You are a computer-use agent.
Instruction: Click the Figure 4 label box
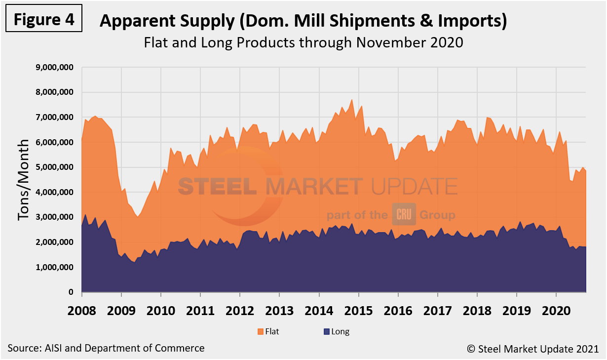pyautogui.click(x=44, y=19)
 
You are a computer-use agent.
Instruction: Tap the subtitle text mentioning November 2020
pyautogui.click(x=303, y=42)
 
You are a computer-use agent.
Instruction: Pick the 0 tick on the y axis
pyautogui.click(x=71, y=292)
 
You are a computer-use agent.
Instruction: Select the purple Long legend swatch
pyautogui.click(x=327, y=331)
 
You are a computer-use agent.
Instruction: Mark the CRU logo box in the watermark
pyautogui.click(x=404, y=214)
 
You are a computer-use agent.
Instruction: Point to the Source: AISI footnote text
pyautogui.click(x=106, y=348)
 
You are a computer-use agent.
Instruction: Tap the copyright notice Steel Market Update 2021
pyautogui.click(x=533, y=349)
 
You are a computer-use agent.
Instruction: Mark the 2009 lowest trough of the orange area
pyautogui.click(x=138, y=217)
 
